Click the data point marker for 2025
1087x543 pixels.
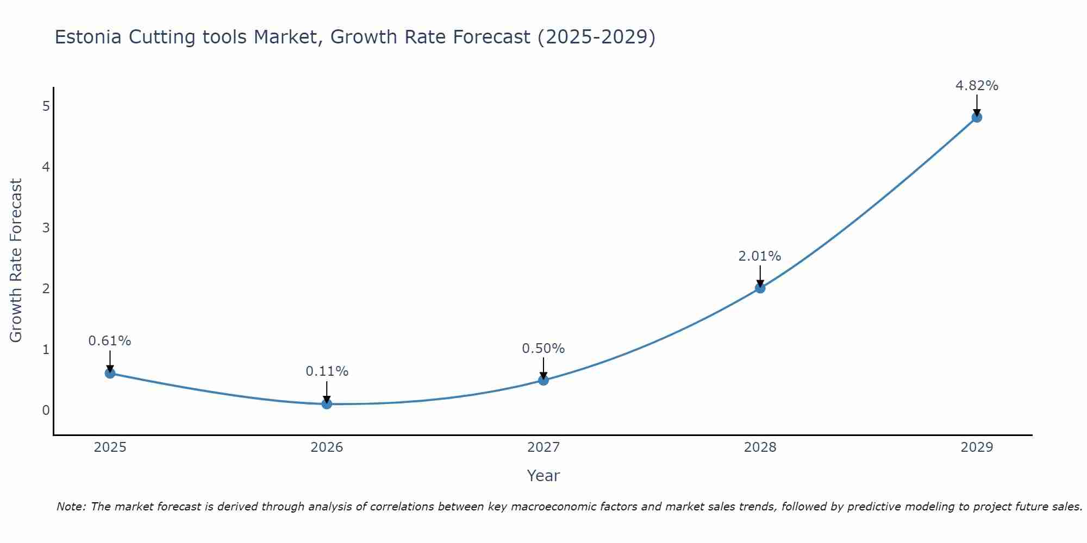click(x=110, y=373)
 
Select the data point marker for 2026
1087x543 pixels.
click(x=327, y=403)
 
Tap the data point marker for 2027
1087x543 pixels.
click(x=543, y=380)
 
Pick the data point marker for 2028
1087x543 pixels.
click(x=760, y=288)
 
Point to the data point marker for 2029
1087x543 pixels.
click(x=977, y=117)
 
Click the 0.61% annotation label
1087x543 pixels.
click(x=110, y=341)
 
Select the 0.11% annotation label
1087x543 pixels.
click(x=327, y=371)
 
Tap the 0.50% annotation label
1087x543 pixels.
click(x=543, y=349)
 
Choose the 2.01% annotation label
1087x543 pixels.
click(x=760, y=256)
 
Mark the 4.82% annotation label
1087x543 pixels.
click(x=977, y=86)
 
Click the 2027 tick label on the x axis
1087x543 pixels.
click(x=543, y=447)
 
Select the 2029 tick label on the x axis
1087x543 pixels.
click(x=977, y=447)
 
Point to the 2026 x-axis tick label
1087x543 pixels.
click(x=327, y=447)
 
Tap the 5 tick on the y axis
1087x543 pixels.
click(x=46, y=106)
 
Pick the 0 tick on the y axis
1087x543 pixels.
click(x=46, y=410)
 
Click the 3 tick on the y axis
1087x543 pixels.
click(x=46, y=228)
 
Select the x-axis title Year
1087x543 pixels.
click(x=543, y=476)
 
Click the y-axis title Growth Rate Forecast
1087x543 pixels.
click(x=16, y=261)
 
